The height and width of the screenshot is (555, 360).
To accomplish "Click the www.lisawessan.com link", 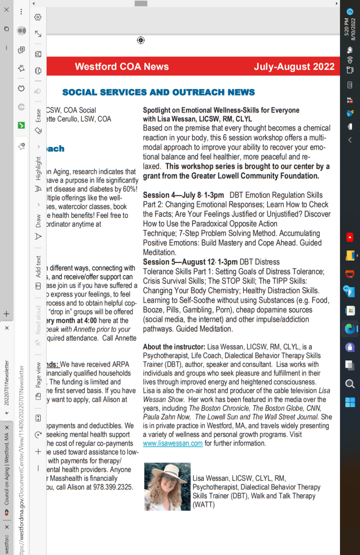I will tap(173, 443).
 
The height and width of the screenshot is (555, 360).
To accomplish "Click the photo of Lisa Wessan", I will tap(168, 486).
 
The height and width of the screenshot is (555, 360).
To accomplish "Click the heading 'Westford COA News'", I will tap(121, 67).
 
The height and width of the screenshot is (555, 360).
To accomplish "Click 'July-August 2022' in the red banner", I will tap(294, 67).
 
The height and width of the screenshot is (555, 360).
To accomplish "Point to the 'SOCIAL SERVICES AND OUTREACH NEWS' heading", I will tap(158, 92).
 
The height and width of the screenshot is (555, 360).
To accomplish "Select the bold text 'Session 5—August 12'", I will tap(176, 262).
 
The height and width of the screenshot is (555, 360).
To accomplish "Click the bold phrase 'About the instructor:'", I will tap(173, 347).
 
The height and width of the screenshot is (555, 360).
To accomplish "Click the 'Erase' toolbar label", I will tap(38, 115).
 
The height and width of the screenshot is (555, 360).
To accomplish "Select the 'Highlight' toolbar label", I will tap(38, 168).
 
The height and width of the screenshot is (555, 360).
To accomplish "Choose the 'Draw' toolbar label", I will tap(38, 221).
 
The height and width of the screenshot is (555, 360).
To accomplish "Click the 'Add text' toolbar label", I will tap(38, 266).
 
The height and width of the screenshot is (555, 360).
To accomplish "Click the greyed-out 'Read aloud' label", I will tap(38, 319).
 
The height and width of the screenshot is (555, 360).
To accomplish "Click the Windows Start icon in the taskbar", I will tap(350, 402).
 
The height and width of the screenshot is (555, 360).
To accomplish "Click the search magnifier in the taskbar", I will tap(350, 384).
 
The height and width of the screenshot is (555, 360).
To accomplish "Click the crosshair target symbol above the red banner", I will tap(141, 40).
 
